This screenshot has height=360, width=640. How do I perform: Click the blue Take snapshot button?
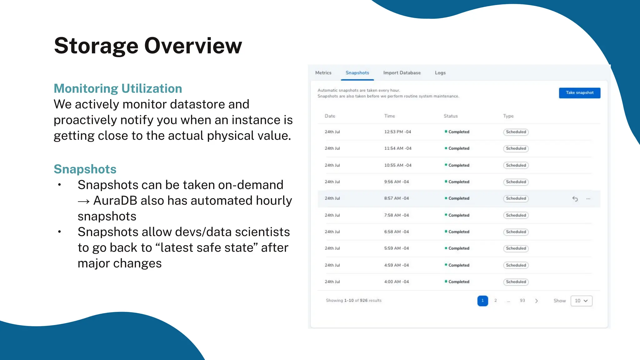[579, 93]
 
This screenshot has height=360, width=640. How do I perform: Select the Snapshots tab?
[357, 73]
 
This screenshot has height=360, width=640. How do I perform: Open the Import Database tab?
[402, 73]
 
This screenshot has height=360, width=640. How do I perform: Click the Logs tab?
[440, 73]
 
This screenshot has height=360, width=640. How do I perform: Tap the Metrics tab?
[323, 73]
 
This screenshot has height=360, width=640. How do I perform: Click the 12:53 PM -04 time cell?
[397, 132]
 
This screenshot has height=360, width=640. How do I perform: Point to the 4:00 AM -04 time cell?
[396, 282]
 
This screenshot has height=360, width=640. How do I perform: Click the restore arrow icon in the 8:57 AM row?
[575, 199]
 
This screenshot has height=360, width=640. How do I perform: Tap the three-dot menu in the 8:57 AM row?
[588, 199]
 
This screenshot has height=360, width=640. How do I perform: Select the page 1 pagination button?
[482, 301]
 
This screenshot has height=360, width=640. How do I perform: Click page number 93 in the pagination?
[522, 301]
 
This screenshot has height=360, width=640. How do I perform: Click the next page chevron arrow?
[537, 301]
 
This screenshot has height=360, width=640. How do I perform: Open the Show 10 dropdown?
[581, 301]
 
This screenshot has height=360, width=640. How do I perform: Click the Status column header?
[450, 116]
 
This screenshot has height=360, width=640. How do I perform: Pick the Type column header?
[508, 116]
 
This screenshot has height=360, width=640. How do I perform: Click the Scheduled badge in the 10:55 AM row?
[516, 165]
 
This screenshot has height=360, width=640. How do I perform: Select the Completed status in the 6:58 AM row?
[458, 232]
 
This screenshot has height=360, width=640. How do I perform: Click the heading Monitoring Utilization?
[118, 88]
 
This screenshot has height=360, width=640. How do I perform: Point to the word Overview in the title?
[193, 46]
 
